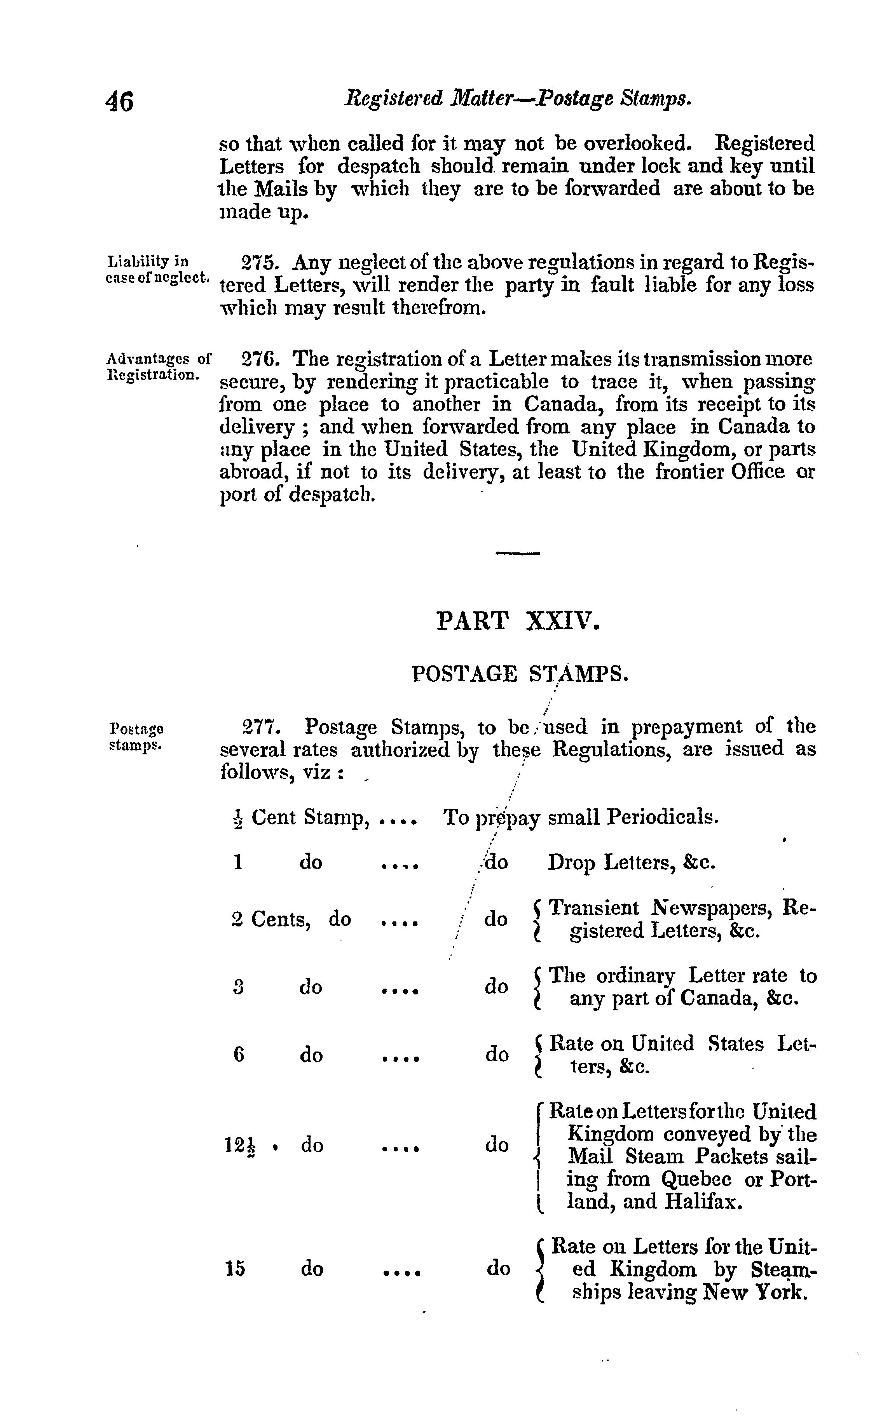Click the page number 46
tap(120, 102)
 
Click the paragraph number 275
tap(260, 263)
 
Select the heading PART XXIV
tap(517, 622)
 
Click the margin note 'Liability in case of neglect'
tap(157, 270)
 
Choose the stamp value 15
tap(235, 1269)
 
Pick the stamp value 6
tap(239, 1055)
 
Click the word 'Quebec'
tap(696, 1179)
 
